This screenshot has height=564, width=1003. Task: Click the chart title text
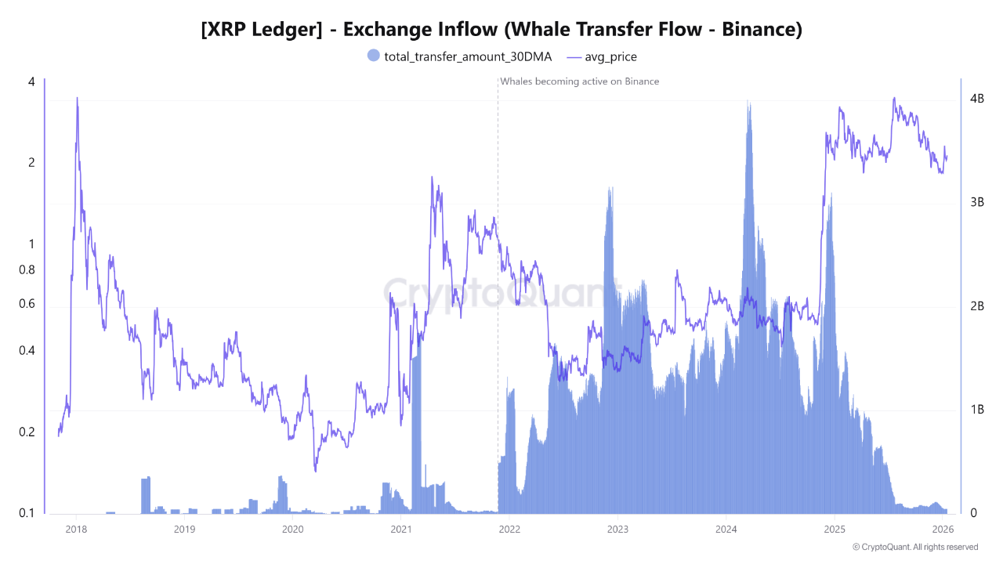coord(501,30)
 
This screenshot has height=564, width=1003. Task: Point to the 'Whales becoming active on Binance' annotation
coord(579,81)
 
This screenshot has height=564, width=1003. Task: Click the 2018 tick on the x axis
coord(76,529)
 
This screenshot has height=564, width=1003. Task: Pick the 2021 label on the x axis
coord(400,529)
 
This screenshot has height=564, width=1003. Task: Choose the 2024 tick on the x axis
coord(726,529)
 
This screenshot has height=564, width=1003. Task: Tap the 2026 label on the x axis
coord(943,529)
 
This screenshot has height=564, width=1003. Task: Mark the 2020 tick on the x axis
coord(292,529)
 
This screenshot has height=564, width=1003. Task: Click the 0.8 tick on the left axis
coord(26,269)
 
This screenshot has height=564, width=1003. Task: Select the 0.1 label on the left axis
coord(26,513)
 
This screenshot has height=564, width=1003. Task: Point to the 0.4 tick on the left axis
coord(26,350)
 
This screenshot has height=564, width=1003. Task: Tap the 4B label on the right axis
coord(976,99)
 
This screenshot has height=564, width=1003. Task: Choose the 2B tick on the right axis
coord(976,305)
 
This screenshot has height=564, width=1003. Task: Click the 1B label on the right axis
coord(976,410)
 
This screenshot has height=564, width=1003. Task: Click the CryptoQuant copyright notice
coord(914,547)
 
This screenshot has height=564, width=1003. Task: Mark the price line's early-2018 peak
coord(77,99)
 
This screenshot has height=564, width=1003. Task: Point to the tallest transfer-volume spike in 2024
coord(749,102)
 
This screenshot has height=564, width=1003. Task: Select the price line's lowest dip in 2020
coord(316,471)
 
